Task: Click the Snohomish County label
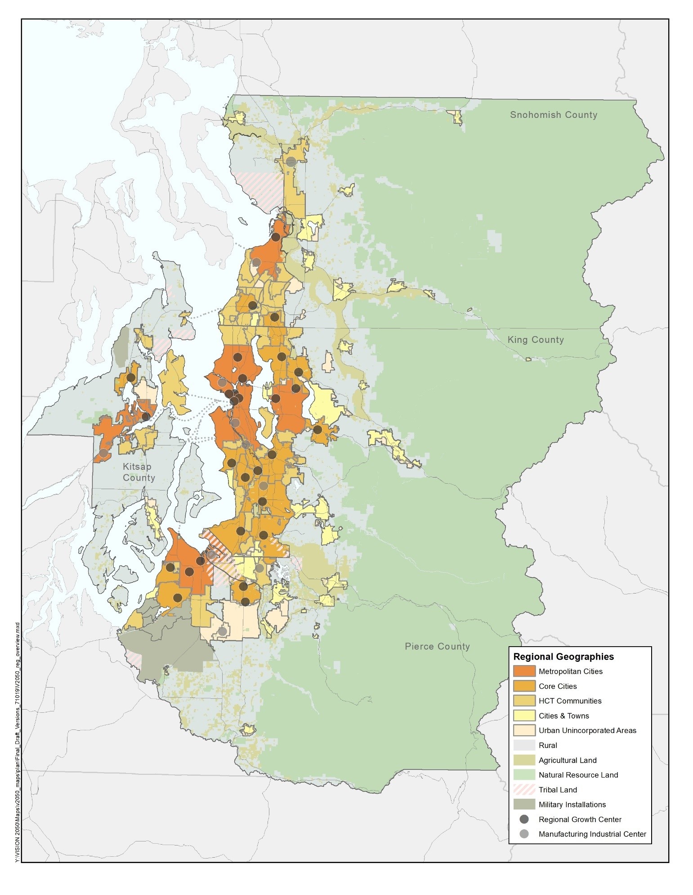pos(553,115)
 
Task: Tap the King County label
pos(535,340)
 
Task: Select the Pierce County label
pos(437,646)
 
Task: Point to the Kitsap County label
pos(139,472)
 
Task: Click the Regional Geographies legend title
pos(563,657)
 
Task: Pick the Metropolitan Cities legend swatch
pos(524,671)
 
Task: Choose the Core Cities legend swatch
pos(524,686)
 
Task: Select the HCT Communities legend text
pos(570,701)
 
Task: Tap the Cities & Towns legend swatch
pos(524,715)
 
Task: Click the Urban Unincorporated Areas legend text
pos(587,730)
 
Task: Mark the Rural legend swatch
pos(524,745)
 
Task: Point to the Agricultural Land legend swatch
pos(524,760)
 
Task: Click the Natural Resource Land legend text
pos(578,775)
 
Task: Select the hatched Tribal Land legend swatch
pos(524,790)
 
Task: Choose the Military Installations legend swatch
pos(524,805)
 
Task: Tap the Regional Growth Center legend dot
pos(524,819)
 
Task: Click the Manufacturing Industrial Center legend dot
pos(524,834)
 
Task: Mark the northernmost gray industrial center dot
pos(291,162)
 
